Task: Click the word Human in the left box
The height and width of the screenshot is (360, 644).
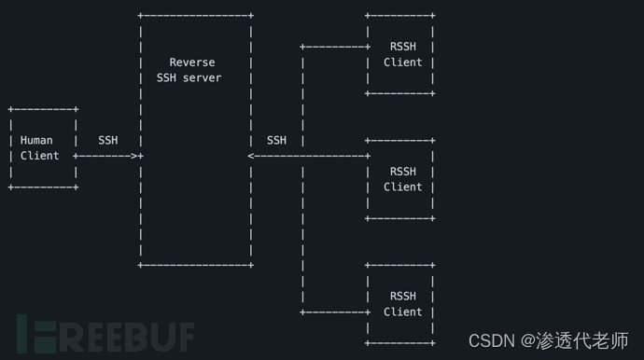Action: point(36,141)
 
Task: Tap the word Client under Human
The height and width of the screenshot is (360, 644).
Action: point(39,156)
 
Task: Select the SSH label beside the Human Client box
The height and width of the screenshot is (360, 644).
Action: point(107,141)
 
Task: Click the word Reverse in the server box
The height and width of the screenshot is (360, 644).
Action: point(192,62)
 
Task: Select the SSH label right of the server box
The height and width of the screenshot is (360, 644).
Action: point(276,141)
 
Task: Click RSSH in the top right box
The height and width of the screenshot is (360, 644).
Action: point(403,47)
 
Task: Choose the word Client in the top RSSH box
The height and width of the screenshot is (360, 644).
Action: point(403,62)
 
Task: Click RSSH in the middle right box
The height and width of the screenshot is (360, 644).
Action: point(403,172)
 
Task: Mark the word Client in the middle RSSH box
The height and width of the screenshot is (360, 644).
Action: point(403,187)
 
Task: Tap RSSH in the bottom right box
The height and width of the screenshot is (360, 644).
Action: point(403,297)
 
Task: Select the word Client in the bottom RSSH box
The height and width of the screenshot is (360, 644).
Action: point(403,312)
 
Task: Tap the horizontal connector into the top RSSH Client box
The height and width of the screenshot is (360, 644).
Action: point(336,47)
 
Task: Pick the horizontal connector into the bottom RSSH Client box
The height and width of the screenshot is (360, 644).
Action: point(336,312)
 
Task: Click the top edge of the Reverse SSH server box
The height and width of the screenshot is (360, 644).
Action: point(196,16)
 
